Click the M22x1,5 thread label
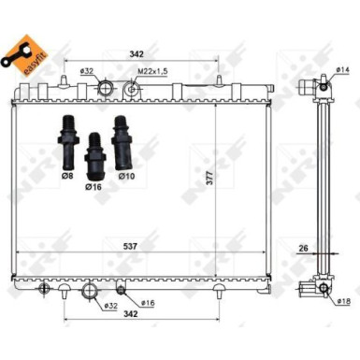(x=151, y=69)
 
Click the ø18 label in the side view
(x=342, y=301)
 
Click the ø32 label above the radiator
(x=85, y=70)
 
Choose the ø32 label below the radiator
(x=110, y=305)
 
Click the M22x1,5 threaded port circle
(x=134, y=91)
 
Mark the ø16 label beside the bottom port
(x=147, y=303)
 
